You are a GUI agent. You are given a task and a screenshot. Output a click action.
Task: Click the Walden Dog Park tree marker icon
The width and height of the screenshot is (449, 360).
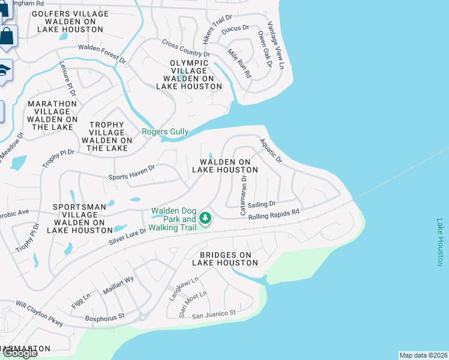coord(205,218)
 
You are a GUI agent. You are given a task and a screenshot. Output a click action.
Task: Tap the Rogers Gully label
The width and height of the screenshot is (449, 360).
coord(165,132)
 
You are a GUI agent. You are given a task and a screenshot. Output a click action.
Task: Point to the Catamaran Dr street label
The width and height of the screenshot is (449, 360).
coord(244,196)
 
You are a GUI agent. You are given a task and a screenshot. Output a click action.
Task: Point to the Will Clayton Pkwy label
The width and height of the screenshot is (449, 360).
coord(40,314)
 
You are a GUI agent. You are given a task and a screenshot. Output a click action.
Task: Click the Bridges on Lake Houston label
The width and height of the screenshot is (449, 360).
coord(224,259)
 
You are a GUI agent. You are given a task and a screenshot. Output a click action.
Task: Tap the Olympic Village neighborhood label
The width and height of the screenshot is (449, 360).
coord(189,74)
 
